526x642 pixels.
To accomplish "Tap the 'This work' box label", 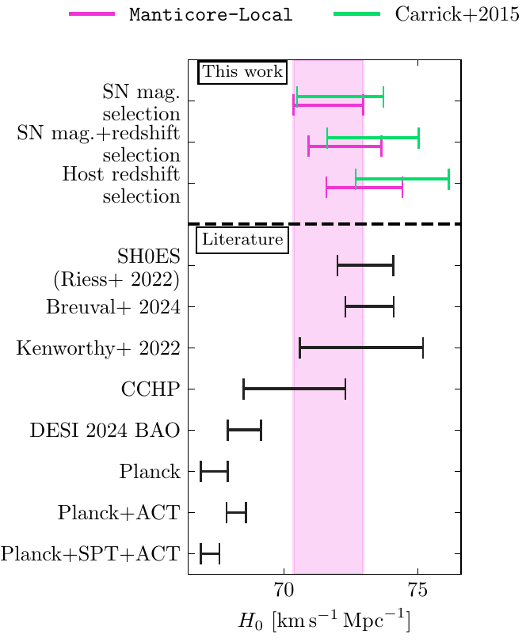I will [x=242, y=72].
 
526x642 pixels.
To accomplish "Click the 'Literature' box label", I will [x=242, y=238].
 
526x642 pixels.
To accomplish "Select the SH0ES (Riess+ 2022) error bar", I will [x=365, y=265].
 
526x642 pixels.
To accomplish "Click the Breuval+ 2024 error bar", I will [x=369, y=306].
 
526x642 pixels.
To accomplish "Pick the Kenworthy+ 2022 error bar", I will [x=361, y=348].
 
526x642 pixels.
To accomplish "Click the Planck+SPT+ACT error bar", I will [x=210, y=554].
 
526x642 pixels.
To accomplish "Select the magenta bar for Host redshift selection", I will [x=364, y=188].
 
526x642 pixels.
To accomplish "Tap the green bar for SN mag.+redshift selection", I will [x=372, y=139].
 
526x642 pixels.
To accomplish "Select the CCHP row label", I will [x=147, y=389].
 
